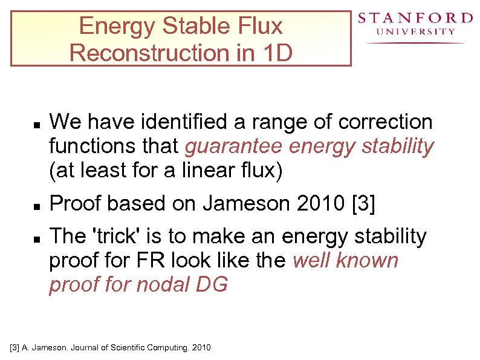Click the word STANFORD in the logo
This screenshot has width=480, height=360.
coord(415,18)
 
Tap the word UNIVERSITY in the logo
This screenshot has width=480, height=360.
coord(415,32)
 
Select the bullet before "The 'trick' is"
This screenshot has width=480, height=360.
coord(37,240)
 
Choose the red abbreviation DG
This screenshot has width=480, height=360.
coord(212,284)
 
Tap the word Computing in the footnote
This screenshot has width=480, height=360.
coord(154,348)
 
